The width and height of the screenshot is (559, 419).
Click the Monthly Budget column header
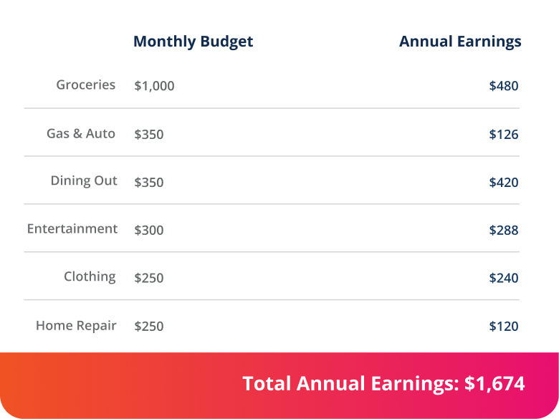(x=193, y=42)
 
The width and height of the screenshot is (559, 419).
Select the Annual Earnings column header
(x=460, y=42)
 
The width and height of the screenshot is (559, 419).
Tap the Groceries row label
(x=86, y=85)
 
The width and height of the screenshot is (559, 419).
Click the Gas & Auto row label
(x=81, y=134)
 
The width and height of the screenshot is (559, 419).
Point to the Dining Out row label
(x=84, y=181)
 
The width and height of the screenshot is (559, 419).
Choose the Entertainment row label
(x=72, y=229)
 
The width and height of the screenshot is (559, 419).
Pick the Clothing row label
(x=90, y=277)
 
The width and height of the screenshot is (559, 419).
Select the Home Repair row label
(x=76, y=326)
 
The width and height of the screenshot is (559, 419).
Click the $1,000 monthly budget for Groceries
(x=154, y=86)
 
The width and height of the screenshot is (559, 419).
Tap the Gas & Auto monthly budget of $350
(x=149, y=135)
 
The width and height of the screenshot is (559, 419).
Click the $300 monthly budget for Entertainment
(x=149, y=231)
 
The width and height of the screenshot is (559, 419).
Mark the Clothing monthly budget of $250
(x=149, y=279)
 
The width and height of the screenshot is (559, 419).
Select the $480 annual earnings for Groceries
(x=503, y=86)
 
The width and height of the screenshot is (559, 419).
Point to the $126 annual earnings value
(x=503, y=135)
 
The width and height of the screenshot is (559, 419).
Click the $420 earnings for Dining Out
(x=503, y=183)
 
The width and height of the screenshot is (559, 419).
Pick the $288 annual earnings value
(x=503, y=231)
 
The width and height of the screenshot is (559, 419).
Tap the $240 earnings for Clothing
(x=503, y=279)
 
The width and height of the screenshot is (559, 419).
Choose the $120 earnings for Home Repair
(x=503, y=327)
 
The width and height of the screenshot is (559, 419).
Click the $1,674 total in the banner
(x=494, y=384)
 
